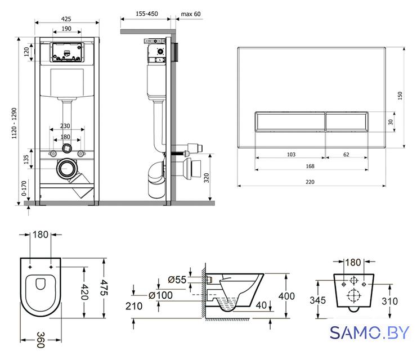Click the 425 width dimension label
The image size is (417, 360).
tap(66, 19)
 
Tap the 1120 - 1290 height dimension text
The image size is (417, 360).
tap(14, 123)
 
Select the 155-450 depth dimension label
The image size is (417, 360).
tap(147, 13)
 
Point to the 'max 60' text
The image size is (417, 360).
tap(191, 14)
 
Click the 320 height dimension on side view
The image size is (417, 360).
tap(207, 178)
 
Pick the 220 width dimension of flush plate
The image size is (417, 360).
tap(310, 182)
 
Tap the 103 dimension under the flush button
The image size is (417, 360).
tap(291, 155)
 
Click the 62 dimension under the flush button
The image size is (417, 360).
tap(346, 155)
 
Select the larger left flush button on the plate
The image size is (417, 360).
tap(290, 121)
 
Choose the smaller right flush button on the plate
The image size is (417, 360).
tap(347, 121)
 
